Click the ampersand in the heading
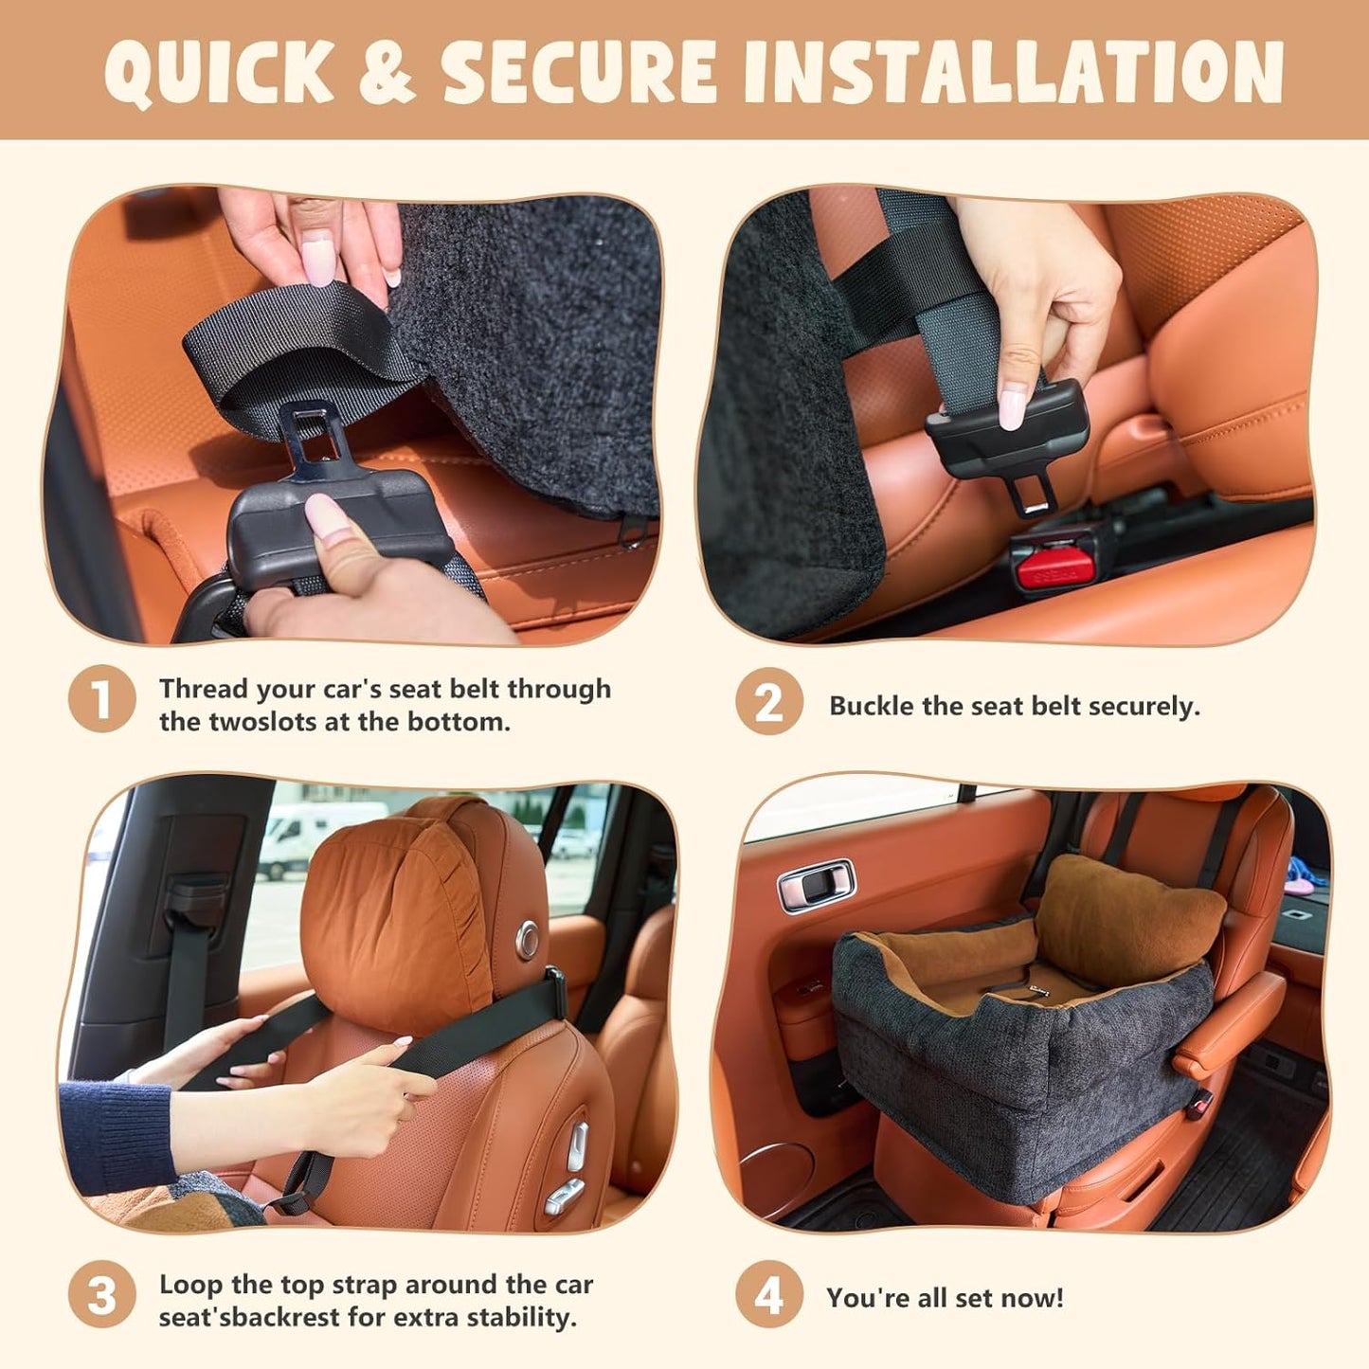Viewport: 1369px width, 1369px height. coord(387,72)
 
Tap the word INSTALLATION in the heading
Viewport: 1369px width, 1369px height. coord(1013,72)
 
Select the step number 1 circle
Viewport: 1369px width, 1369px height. coord(101,700)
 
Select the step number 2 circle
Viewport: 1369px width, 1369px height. coord(768,702)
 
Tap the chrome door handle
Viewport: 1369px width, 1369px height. coord(816,884)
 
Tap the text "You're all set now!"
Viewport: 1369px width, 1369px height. coord(945,1297)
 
